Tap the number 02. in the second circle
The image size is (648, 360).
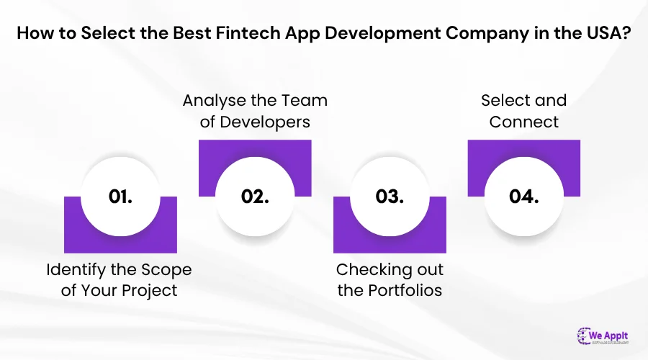point(255,197)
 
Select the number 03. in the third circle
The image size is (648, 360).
point(390,197)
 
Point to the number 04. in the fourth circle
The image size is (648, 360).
point(523,197)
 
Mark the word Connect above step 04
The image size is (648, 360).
point(523,122)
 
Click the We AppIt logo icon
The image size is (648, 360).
point(585,336)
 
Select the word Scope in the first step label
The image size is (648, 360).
point(168,271)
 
